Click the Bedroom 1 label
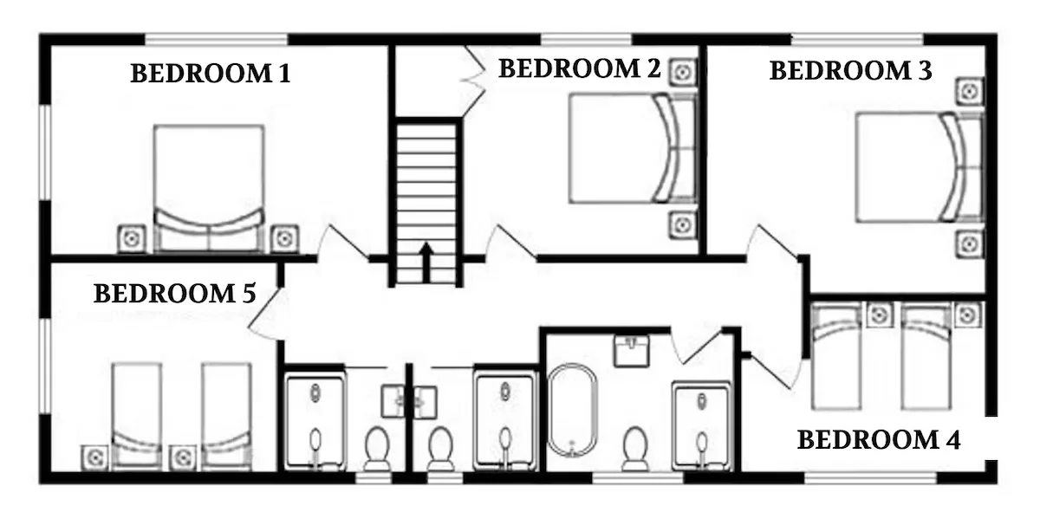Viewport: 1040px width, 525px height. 211,74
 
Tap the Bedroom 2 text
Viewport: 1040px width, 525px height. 580,68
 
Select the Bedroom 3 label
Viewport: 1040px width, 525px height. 850,70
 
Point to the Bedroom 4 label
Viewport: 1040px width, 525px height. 879,439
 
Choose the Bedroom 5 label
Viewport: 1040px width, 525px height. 174,294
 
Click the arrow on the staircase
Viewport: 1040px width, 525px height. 426,262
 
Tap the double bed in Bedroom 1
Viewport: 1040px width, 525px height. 209,189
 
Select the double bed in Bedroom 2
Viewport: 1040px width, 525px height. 633,148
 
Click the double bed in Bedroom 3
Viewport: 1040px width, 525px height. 920,167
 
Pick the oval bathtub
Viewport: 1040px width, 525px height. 572,410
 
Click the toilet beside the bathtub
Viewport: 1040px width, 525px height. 634,449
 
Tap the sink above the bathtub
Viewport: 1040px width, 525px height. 631,351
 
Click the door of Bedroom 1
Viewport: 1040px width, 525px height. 343,242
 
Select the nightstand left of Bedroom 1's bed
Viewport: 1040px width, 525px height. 132,238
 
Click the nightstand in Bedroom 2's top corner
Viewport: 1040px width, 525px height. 683,72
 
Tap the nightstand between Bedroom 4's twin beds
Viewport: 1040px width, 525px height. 879,315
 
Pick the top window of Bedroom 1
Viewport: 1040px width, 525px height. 217,39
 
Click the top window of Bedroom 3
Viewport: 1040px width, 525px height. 857,39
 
